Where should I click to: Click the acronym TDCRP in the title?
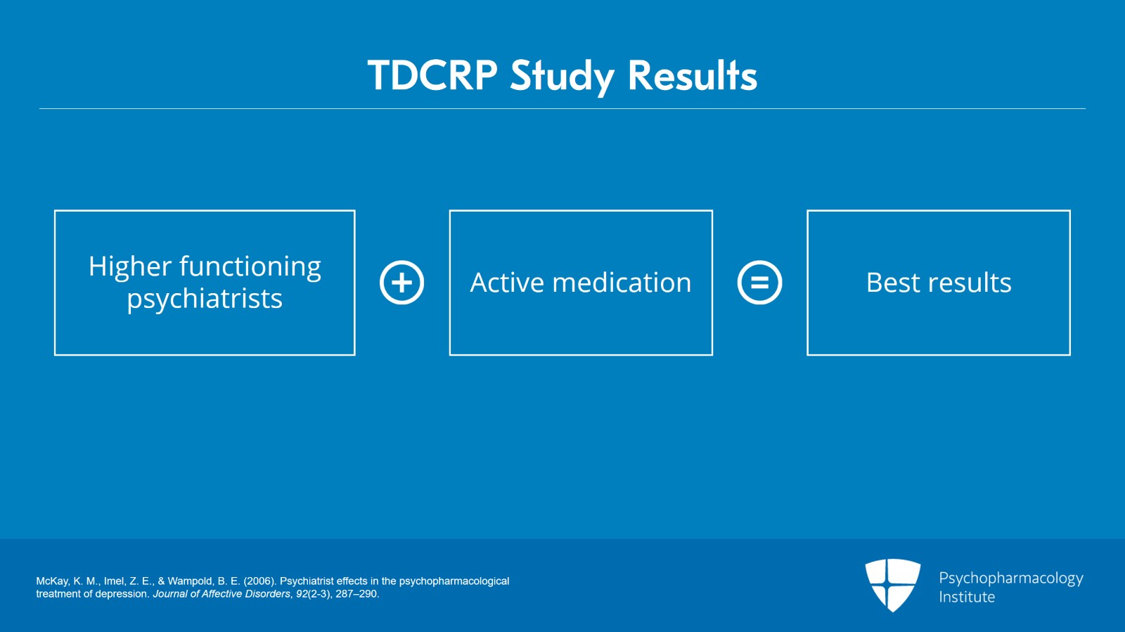click(x=432, y=75)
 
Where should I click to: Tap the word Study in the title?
click(x=562, y=77)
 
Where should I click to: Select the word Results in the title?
click(x=692, y=75)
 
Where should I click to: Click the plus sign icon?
click(x=401, y=283)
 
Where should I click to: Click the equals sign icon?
click(x=759, y=283)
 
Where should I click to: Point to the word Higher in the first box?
click(x=130, y=266)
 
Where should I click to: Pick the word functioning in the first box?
click(x=250, y=266)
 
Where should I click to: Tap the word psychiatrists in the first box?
click(x=205, y=299)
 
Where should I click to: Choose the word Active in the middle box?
click(x=507, y=283)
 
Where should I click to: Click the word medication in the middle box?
click(x=622, y=283)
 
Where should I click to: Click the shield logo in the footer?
click(x=892, y=584)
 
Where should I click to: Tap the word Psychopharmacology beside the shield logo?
click(x=1010, y=579)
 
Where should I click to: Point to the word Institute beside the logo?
click(x=967, y=597)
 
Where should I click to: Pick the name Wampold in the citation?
click(x=190, y=581)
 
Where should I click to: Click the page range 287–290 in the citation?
click(x=356, y=594)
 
